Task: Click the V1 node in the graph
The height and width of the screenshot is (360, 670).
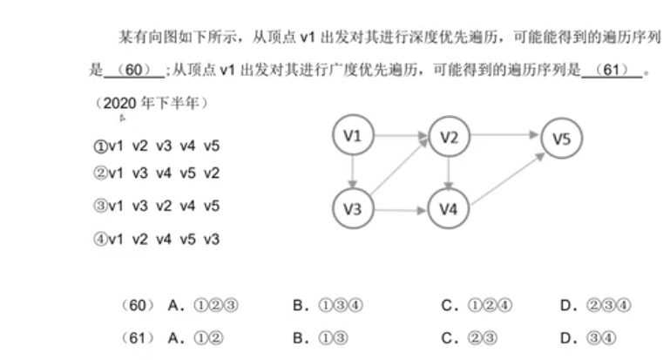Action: click(x=353, y=135)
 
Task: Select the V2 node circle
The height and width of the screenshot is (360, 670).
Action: click(x=449, y=137)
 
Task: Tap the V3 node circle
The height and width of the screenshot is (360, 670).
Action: click(x=353, y=209)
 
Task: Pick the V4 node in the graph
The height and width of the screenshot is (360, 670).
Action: click(x=448, y=210)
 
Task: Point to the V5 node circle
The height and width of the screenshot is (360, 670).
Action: click(x=561, y=138)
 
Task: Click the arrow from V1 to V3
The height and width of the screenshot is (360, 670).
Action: click(x=353, y=173)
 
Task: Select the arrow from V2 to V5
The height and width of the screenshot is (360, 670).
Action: click(x=505, y=136)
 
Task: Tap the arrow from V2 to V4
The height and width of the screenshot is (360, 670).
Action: click(x=448, y=173)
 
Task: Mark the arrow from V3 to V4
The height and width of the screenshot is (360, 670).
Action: click(x=400, y=210)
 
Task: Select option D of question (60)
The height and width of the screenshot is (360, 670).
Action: click(x=596, y=305)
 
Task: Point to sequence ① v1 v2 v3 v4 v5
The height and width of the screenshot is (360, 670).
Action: click(x=157, y=146)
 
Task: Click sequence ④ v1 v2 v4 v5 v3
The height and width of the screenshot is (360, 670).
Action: click(x=157, y=239)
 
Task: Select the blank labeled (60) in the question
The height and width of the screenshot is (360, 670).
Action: click(x=133, y=70)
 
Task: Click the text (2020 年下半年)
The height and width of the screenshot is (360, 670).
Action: click(x=152, y=103)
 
